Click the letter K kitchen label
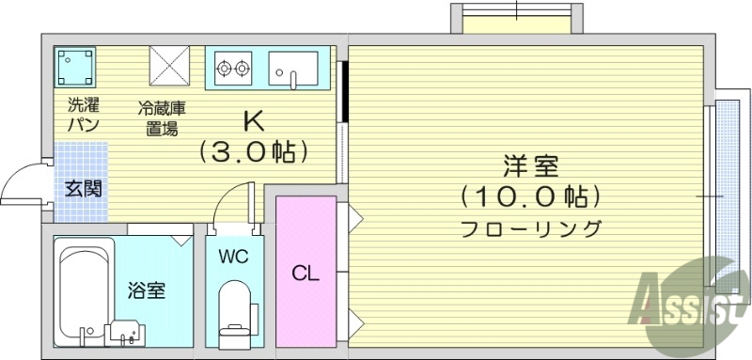click(x=254, y=121)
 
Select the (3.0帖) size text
click(x=254, y=149)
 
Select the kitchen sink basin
click(x=293, y=68)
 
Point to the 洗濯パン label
click(x=84, y=113)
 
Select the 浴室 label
click(x=147, y=290)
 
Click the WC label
click(x=233, y=257)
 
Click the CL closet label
click(x=305, y=274)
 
